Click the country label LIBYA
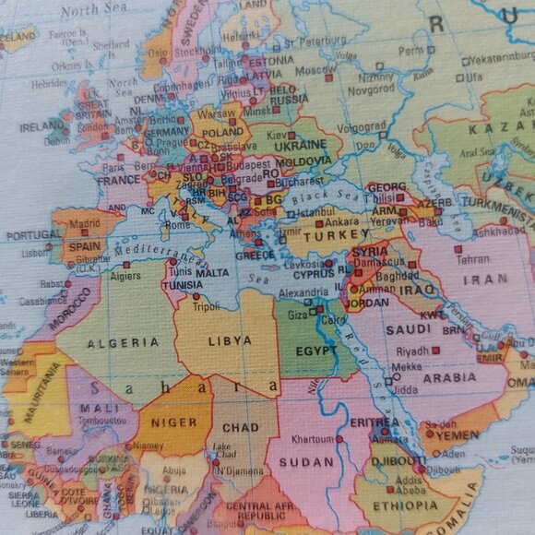coord(230,340)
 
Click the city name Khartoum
coord(312,440)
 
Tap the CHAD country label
coord(241,428)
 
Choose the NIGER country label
coord(174,422)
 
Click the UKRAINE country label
coord(301,145)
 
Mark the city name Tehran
coord(472,260)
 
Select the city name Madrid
coord(84,222)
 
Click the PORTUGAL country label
coord(33,235)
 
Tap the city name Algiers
coord(125,276)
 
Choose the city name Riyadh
coord(411,351)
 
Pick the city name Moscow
coord(315,69)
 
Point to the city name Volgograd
coord(362,126)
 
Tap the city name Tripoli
coord(206,307)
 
